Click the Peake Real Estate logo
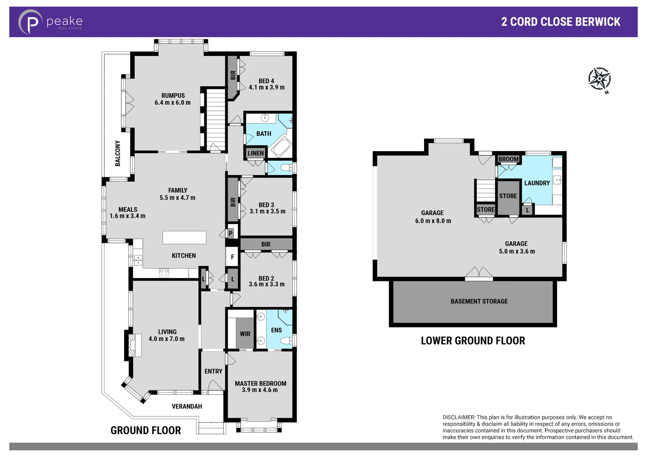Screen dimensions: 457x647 50,22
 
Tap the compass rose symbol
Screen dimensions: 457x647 599,79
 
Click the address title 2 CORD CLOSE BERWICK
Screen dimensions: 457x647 560,22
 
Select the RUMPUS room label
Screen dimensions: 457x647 173,96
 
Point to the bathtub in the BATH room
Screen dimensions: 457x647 280,147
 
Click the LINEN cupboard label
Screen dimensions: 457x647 255,153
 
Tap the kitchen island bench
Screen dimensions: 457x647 184,237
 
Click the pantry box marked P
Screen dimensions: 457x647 231,233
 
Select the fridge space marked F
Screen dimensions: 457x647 232,257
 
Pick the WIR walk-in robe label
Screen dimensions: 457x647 245,334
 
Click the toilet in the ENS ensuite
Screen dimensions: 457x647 288,340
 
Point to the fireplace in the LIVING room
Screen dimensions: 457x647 132,345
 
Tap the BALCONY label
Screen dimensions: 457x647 118,153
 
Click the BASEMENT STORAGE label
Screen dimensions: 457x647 479,301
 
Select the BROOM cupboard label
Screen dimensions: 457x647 508,159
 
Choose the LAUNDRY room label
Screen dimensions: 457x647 537,183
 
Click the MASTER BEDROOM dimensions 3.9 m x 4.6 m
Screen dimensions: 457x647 260,390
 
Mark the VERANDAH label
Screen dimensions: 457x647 187,406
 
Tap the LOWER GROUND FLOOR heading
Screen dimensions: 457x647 472,341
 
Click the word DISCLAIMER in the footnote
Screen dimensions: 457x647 458,417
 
